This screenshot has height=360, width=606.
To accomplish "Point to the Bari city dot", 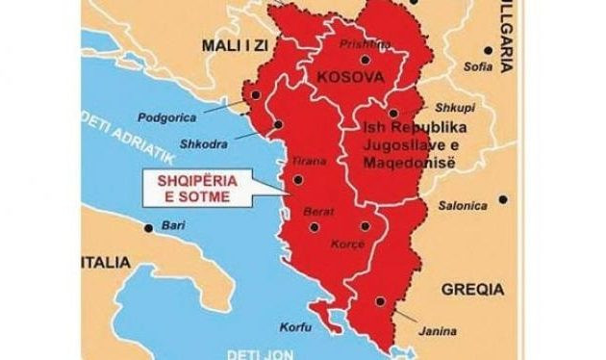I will [146, 228].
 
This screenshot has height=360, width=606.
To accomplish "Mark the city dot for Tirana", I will [298, 178].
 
